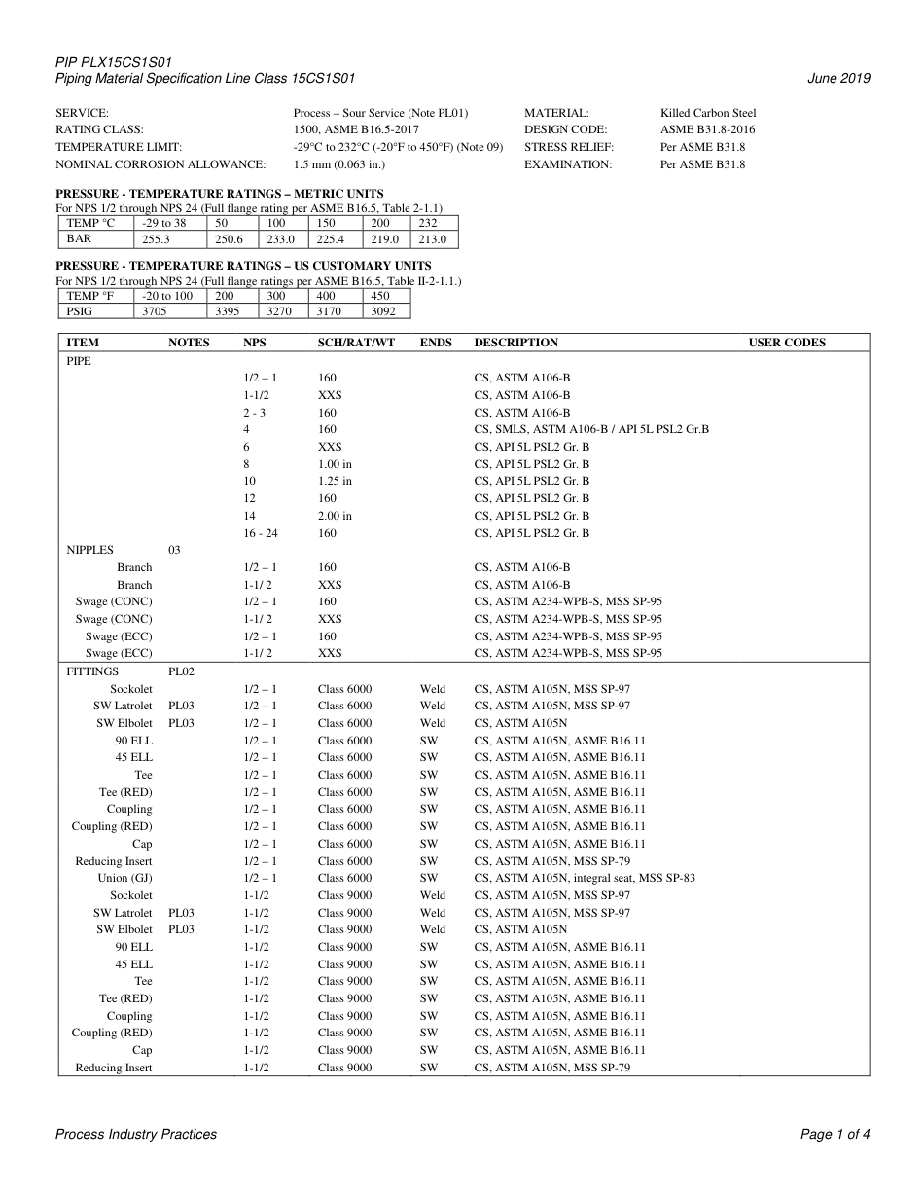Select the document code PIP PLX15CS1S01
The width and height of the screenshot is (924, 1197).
tap(114, 62)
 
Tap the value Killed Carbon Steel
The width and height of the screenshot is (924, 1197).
tap(708, 113)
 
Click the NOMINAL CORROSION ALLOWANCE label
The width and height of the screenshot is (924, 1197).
tap(160, 164)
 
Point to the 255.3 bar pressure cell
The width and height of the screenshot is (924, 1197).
tap(156, 239)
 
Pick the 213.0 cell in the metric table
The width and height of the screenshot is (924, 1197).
tap(432, 239)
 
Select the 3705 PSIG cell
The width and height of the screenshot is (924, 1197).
tap(155, 312)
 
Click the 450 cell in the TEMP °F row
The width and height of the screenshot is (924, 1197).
tap(380, 296)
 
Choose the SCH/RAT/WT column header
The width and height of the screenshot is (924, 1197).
tap(356, 343)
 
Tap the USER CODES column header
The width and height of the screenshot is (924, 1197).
tap(787, 343)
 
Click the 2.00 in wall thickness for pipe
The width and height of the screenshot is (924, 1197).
tap(335, 516)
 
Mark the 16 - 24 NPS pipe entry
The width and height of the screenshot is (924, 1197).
tap(261, 533)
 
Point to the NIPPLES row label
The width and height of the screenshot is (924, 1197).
tap(89, 550)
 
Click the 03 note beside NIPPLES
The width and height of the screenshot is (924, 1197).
tap(174, 550)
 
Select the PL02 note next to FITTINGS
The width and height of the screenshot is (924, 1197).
tap(182, 671)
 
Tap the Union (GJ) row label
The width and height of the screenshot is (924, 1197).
tap(125, 878)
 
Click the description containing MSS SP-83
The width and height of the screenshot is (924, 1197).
tap(584, 878)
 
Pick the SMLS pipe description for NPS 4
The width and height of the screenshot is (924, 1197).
tap(591, 429)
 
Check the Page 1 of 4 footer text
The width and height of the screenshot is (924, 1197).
tap(835, 1134)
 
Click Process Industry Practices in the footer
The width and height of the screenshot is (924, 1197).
tap(136, 1134)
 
